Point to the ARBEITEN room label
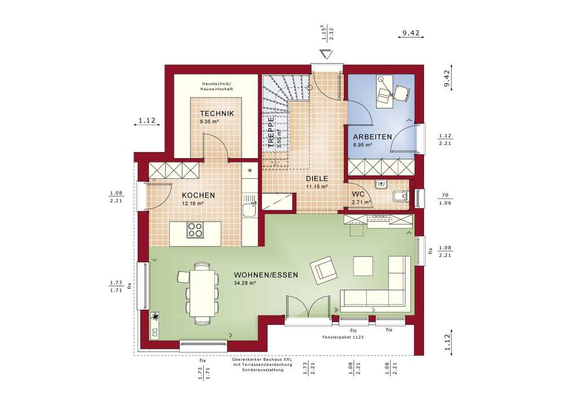(373, 137)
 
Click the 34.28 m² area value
(244, 284)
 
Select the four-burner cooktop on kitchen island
(195, 230)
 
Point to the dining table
(202, 292)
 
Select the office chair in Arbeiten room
(400, 91)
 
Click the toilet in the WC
(400, 196)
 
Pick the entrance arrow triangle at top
(326, 54)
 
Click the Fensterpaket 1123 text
(343, 337)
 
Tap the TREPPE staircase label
(272, 131)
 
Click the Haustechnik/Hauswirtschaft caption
(216, 86)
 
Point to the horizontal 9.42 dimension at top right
(410, 34)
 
